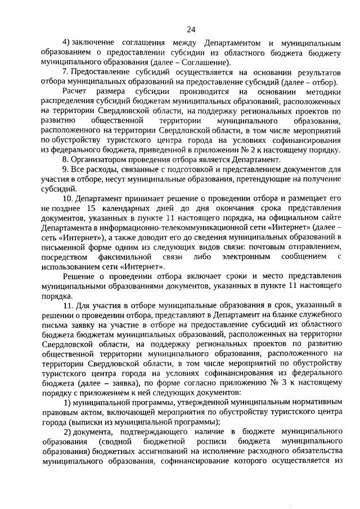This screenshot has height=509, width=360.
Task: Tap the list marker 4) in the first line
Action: [66, 43]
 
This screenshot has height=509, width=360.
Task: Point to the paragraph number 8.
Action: [65, 160]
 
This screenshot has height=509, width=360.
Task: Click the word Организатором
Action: [99, 160]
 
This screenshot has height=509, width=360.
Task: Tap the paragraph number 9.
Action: [65, 169]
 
